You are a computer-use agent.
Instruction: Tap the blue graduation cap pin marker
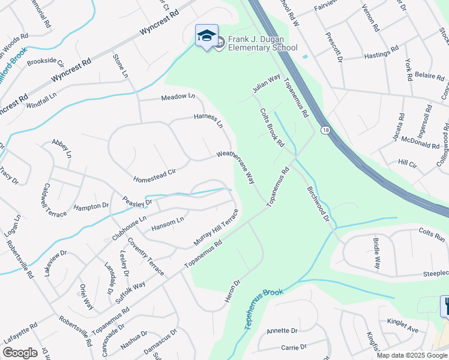[x=206, y=36]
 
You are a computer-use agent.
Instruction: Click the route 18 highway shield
[x=325, y=130]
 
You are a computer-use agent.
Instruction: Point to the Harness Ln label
[x=208, y=121]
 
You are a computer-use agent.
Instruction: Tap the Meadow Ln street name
[x=178, y=97]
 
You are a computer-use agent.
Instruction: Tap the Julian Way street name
[x=267, y=83]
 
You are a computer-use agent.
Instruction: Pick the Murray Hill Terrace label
[x=215, y=227]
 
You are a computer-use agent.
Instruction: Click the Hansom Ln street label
[x=167, y=223]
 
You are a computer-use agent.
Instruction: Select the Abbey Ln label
[x=61, y=148]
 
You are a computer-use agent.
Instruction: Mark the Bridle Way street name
[x=376, y=255]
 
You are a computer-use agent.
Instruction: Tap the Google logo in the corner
[x=20, y=353]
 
